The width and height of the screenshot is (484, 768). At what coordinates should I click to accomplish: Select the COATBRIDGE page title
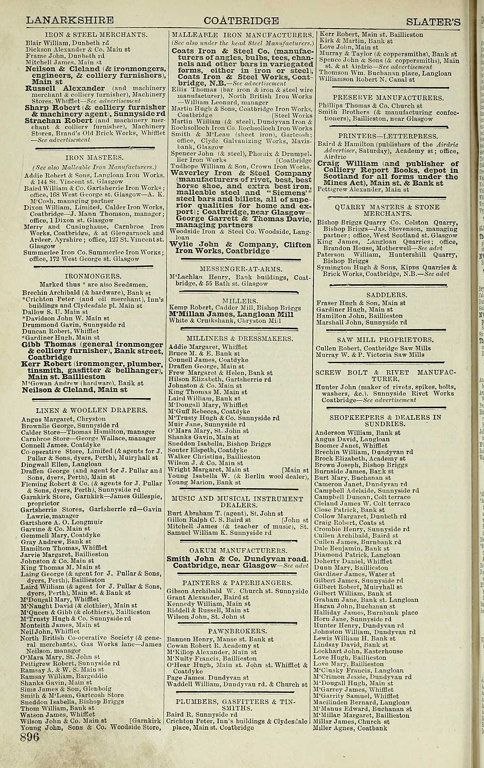241,20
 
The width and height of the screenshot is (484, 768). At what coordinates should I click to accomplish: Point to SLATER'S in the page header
433,21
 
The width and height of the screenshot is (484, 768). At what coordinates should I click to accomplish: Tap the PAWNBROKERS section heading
237,631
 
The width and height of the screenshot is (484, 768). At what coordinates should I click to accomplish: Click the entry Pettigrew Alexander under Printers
363,190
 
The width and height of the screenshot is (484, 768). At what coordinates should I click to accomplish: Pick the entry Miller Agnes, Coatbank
350,728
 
